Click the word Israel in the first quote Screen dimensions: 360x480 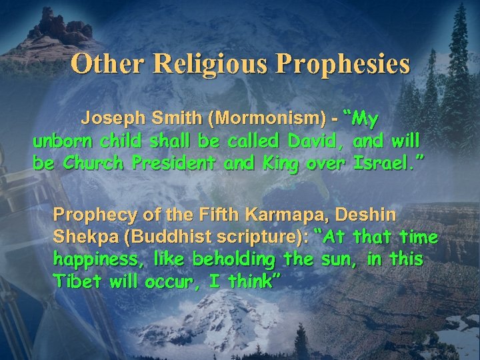tap(387, 163)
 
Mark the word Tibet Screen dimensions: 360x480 tap(73, 280)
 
